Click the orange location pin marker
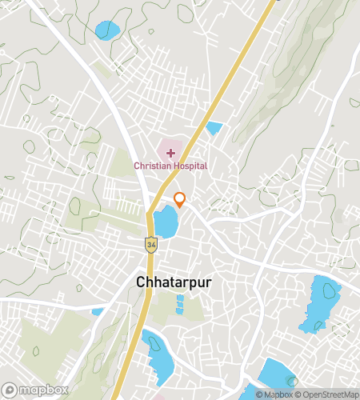(180, 200)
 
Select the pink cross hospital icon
(170, 152)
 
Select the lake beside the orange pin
(166, 222)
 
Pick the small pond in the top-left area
(106, 30)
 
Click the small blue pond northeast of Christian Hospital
(214, 127)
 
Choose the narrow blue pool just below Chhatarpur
(179, 304)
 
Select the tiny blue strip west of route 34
(98, 312)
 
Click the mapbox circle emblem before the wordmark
(10, 390)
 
